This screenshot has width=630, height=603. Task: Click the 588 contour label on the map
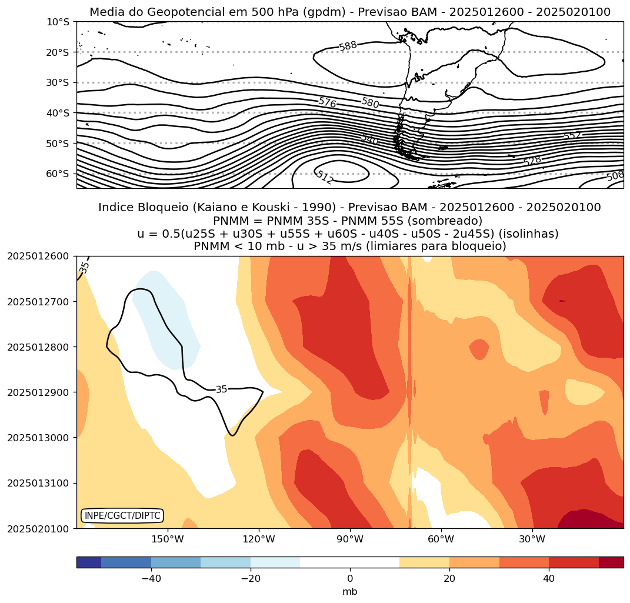(348, 46)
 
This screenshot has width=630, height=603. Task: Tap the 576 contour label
(327, 102)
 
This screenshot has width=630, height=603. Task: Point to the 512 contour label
(324, 177)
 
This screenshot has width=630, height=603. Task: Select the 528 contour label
(532, 161)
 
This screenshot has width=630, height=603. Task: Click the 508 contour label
(615, 176)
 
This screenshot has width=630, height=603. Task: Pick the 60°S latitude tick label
(58, 174)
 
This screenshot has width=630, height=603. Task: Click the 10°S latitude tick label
(58, 22)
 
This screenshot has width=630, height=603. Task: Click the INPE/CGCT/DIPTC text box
(122, 516)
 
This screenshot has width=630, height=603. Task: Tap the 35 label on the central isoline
(221, 389)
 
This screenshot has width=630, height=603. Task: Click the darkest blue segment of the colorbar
(89, 562)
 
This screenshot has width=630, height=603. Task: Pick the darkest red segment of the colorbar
(611, 562)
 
